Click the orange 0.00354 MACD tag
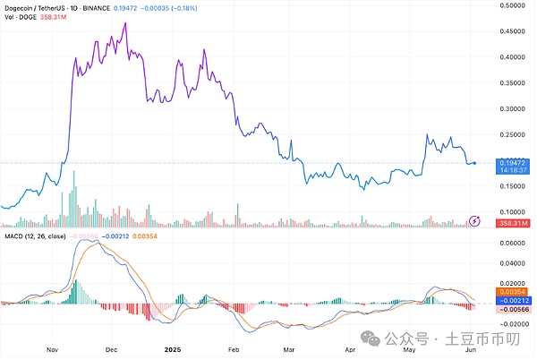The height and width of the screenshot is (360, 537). pyautogui.click(x=515, y=291)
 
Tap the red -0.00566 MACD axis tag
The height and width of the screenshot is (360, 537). pyautogui.click(x=515, y=309)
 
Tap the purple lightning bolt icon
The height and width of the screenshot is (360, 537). pyautogui.click(x=477, y=220)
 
